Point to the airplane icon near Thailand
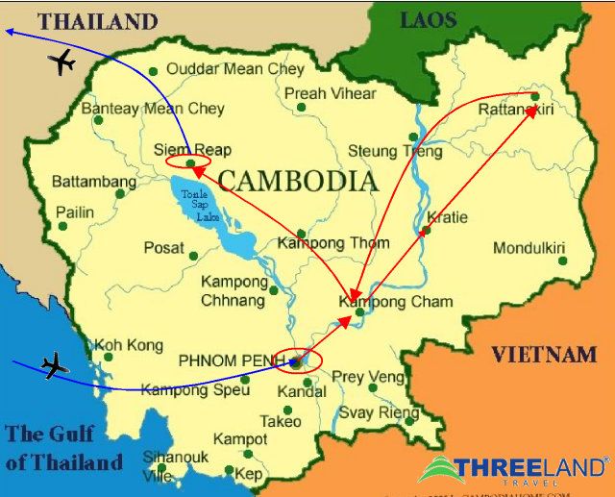tap(61, 62)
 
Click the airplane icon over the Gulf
tap(56, 365)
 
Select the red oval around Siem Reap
tap(187, 162)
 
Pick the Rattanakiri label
tap(516, 112)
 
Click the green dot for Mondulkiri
tap(562, 260)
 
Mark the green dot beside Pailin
tap(63, 227)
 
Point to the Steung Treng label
tap(385, 151)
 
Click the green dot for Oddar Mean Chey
tap(153, 71)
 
